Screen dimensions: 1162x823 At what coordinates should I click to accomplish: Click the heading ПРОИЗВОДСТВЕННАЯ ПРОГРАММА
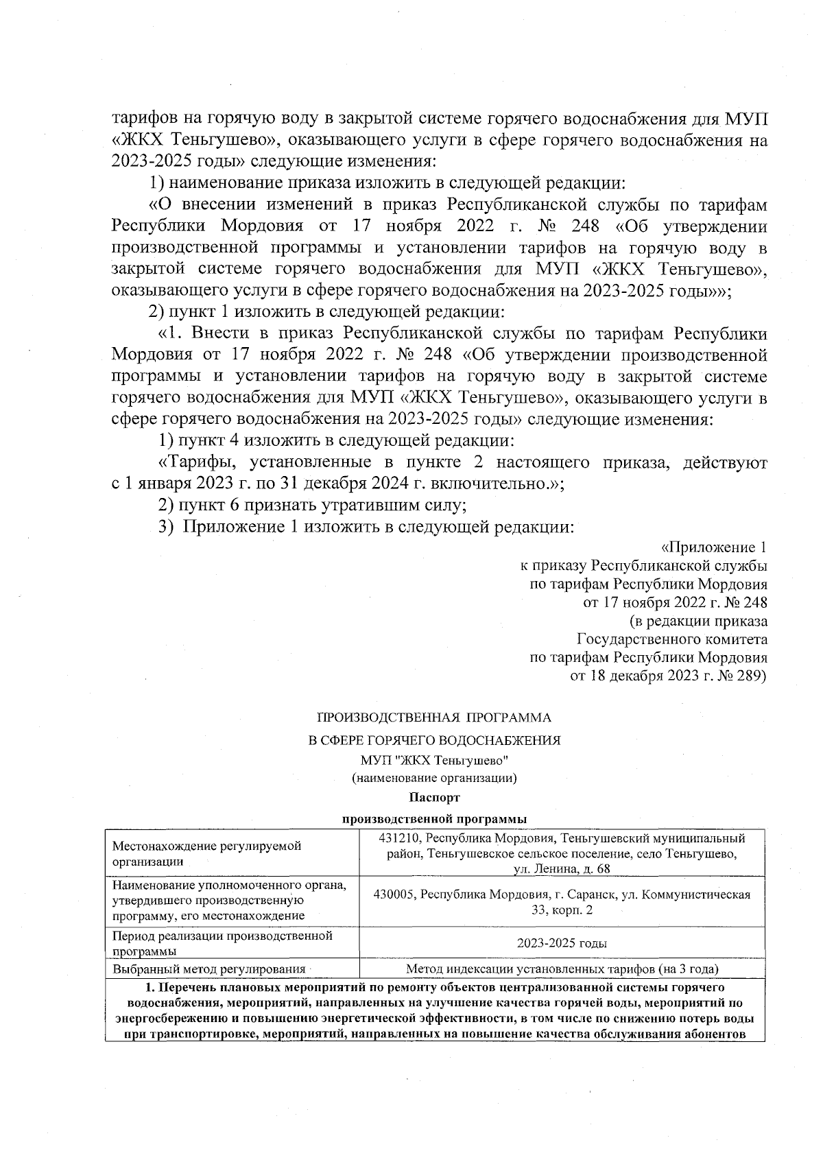click(433, 718)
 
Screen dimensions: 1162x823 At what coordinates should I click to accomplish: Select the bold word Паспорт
click(433, 798)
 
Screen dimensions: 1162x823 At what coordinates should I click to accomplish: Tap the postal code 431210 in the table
click(397, 838)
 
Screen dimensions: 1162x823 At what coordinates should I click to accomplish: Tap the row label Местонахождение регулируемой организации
click(206, 853)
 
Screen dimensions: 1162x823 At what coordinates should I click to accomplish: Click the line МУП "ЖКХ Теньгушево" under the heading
click(433, 761)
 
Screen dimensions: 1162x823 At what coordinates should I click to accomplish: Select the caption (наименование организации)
click(433, 779)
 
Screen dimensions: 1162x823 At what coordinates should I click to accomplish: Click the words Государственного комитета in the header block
click(672, 639)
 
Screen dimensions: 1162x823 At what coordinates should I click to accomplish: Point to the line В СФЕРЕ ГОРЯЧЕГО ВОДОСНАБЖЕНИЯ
click(433, 740)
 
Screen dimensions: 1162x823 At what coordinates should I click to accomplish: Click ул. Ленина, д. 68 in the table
click(562, 869)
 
